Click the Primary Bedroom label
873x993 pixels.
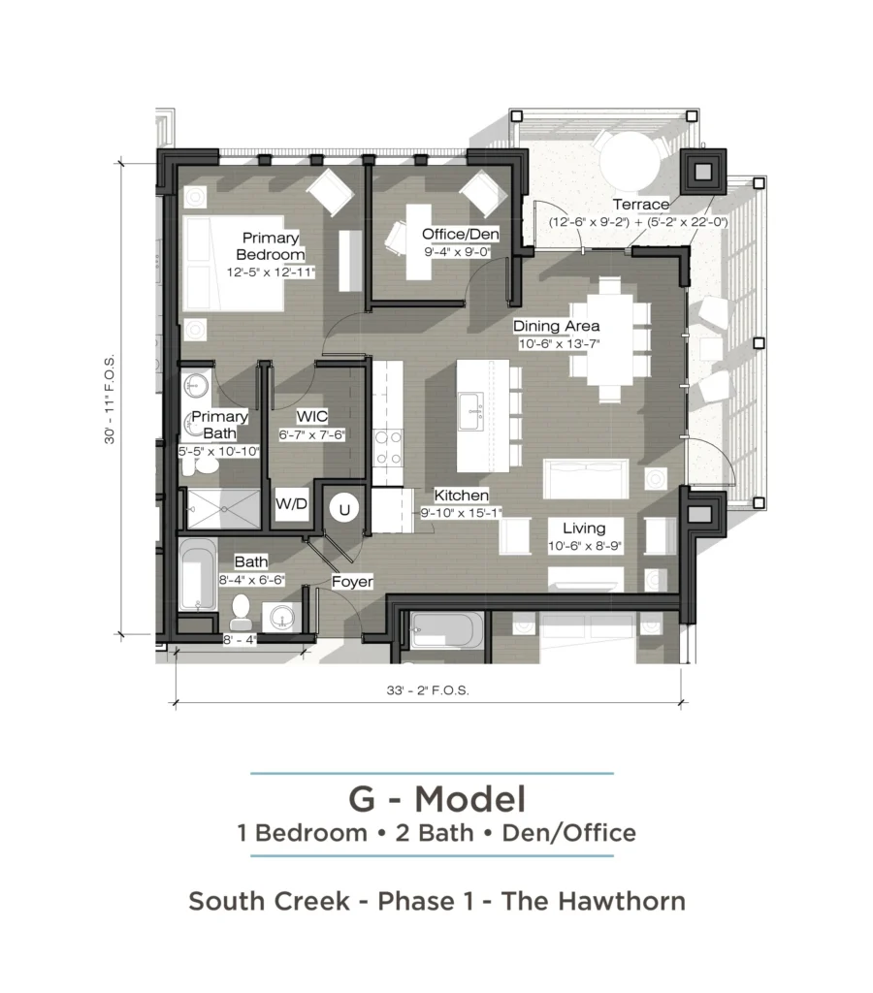click(271, 246)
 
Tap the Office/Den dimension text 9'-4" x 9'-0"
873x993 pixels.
click(458, 252)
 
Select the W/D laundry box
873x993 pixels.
click(291, 504)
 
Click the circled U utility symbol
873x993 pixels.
click(344, 509)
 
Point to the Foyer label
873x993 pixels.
click(352, 582)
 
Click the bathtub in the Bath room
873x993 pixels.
click(197, 574)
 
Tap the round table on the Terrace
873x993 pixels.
click(630, 159)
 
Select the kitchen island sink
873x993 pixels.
click(470, 411)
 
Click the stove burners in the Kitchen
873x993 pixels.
click(387, 448)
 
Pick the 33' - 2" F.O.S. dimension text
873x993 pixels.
click(429, 690)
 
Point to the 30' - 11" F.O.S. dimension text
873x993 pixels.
click(110, 399)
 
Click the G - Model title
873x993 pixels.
click(436, 799)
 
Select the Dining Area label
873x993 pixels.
click(556, 326)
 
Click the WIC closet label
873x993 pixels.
click(312, 416)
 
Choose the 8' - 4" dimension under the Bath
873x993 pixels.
click(240, 640)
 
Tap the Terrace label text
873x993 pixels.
click(641, 205)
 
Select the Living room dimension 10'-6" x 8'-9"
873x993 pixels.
click(585, 546)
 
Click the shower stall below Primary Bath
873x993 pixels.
click(223, 508)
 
